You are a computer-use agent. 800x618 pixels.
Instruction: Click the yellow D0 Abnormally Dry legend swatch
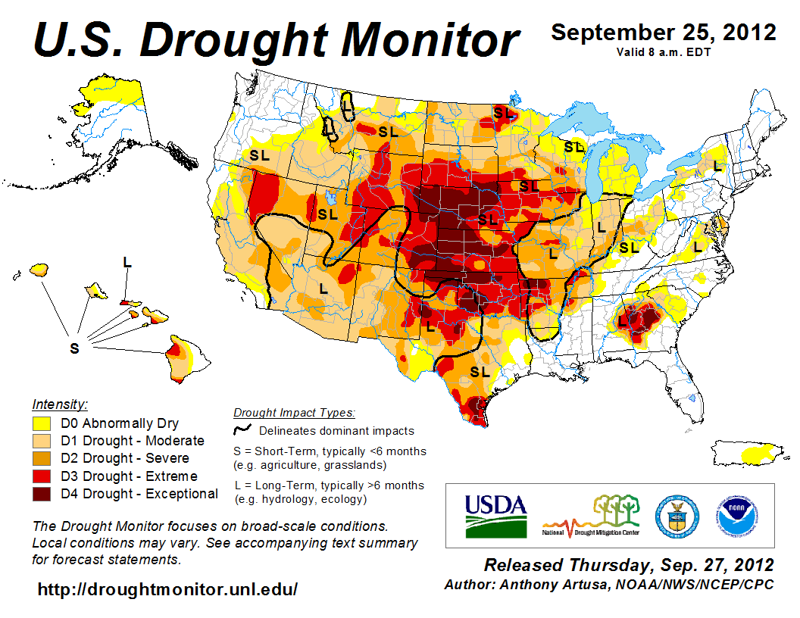(x=41, y=423)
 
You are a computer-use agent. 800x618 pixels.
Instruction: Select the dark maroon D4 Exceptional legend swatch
(x=41, y=494)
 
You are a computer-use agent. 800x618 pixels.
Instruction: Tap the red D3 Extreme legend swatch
(x=41, y=476)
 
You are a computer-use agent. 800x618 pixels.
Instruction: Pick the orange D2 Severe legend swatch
(x=41, y=458)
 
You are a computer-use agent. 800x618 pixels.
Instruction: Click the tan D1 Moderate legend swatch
(x=41, y=441)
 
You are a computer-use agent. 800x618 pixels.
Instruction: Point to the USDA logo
(x=495, y=515)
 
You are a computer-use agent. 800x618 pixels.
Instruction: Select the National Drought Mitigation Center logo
(x=592, y=515)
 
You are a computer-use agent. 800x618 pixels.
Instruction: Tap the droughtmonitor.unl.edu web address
(x=167, y=588)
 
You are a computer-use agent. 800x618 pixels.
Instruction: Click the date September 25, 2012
(x=663, y=33)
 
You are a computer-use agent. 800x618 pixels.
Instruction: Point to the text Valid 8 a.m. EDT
(x=662, y=51)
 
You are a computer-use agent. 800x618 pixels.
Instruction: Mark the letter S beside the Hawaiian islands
(x=74, y=348)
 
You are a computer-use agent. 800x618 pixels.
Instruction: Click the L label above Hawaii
(x=127, y=262)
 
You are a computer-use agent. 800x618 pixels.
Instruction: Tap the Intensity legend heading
(x=60, y=404)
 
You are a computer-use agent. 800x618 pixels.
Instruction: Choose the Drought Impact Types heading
(x=294, y=413)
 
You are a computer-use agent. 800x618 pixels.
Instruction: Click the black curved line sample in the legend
(x=242, y=430)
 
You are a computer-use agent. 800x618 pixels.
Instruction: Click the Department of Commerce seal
(x=677, y=514)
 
